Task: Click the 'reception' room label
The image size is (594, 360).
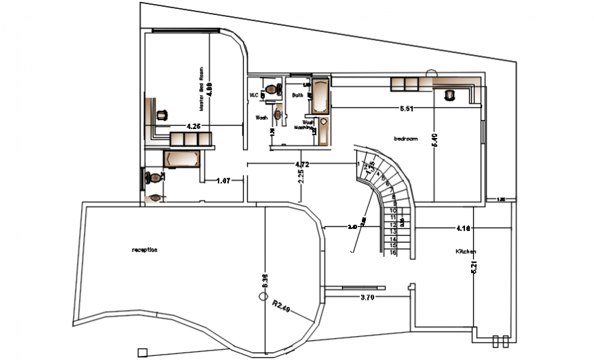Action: (144, 250)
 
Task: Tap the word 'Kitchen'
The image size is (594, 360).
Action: (465, 252)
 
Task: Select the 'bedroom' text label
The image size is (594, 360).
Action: (405, 139)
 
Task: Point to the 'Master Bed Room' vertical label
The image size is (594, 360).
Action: (202, 89)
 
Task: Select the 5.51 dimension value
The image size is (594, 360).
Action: (408, 109)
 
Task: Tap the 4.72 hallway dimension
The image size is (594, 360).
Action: (302, 165)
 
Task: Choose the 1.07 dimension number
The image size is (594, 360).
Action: (223, 181)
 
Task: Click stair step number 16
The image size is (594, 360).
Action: (393, 253)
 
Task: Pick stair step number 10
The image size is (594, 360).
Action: (393, 210)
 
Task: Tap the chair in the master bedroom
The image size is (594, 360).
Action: (162, 115)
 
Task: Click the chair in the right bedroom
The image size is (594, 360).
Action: (449, 95)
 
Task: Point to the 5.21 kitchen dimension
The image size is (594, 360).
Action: (472, 263)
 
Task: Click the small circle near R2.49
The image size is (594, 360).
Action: (261, 296)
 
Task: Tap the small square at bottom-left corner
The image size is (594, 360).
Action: (141, 352)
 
